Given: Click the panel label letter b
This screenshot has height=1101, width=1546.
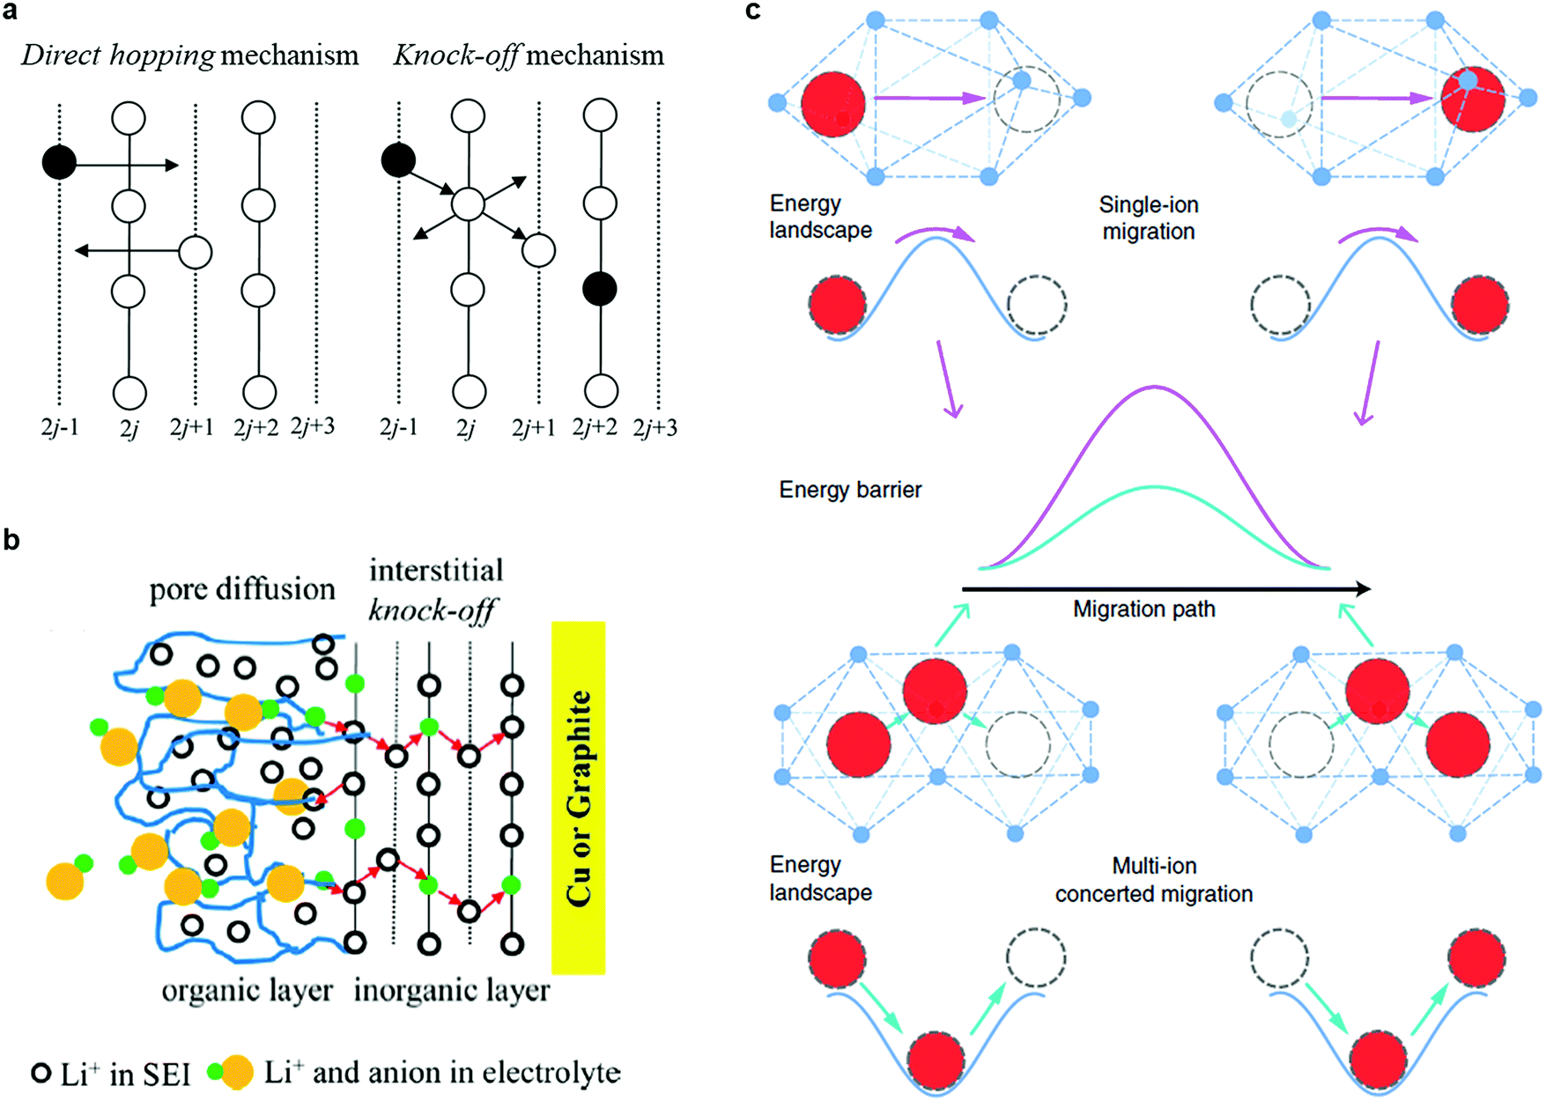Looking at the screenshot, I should point(11,540).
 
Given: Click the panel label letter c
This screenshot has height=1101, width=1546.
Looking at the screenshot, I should point(753,11).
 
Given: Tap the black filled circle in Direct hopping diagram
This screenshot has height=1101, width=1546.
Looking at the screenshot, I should point(59,163).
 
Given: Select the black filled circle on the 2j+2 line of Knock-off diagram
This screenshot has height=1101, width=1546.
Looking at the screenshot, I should point(600,289).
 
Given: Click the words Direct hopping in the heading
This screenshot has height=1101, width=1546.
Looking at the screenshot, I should point(118,55).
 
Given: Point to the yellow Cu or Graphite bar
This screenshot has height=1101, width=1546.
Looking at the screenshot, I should point(578,797).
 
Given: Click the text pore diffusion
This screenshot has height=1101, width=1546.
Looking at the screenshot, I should point(242,588).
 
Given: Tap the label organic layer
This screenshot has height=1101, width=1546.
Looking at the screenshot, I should point(247,990).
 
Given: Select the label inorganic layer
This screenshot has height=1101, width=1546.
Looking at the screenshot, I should point(451,990).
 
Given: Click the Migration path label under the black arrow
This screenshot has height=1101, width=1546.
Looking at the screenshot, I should point(1143,610).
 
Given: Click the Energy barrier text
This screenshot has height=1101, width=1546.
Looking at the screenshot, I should point(850,490).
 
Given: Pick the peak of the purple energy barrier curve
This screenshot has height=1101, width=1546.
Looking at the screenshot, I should point(1155,387).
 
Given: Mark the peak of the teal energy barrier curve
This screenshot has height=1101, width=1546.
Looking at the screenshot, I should point(1155,487).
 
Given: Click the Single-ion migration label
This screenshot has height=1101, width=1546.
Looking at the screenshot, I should point(1148,218).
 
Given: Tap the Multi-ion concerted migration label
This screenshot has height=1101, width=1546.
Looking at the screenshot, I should point(1153,880).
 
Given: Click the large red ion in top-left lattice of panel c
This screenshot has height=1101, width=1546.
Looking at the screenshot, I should point(832,104).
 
